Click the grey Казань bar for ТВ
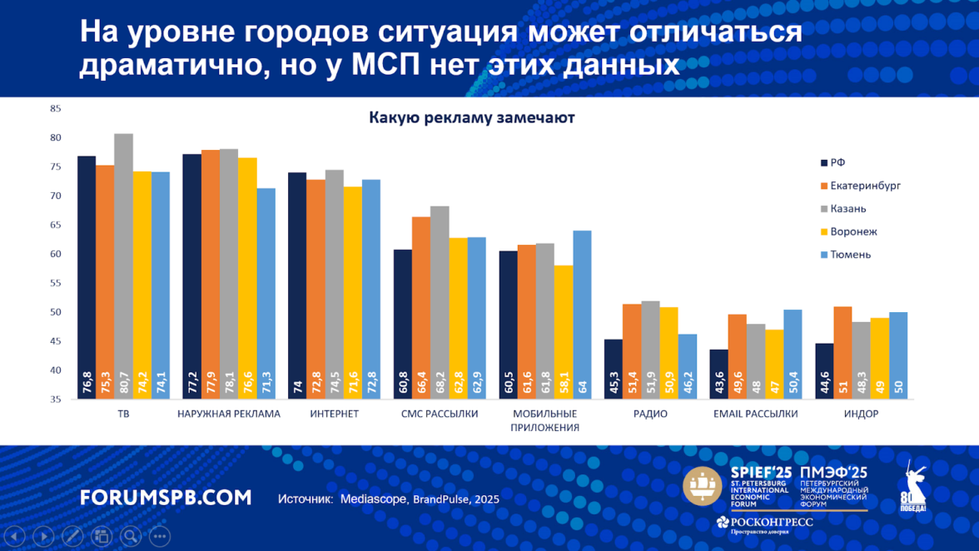point(123,266)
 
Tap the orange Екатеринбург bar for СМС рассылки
point(421,308)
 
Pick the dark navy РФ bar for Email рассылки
point(719,374)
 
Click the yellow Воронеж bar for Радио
point(668,353)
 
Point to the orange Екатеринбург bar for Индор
point(842,353)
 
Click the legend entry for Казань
point(847,209)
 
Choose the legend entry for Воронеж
point(852,231)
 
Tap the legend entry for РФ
point(837,163)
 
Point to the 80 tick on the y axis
point(56,137)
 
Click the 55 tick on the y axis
point(56,283)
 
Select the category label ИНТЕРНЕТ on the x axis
point(334,414)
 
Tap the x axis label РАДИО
point(650,414)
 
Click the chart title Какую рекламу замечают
point(471,118)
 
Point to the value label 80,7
point(123,385)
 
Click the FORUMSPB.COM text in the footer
point(166,498)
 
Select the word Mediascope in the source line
point(372,499)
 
